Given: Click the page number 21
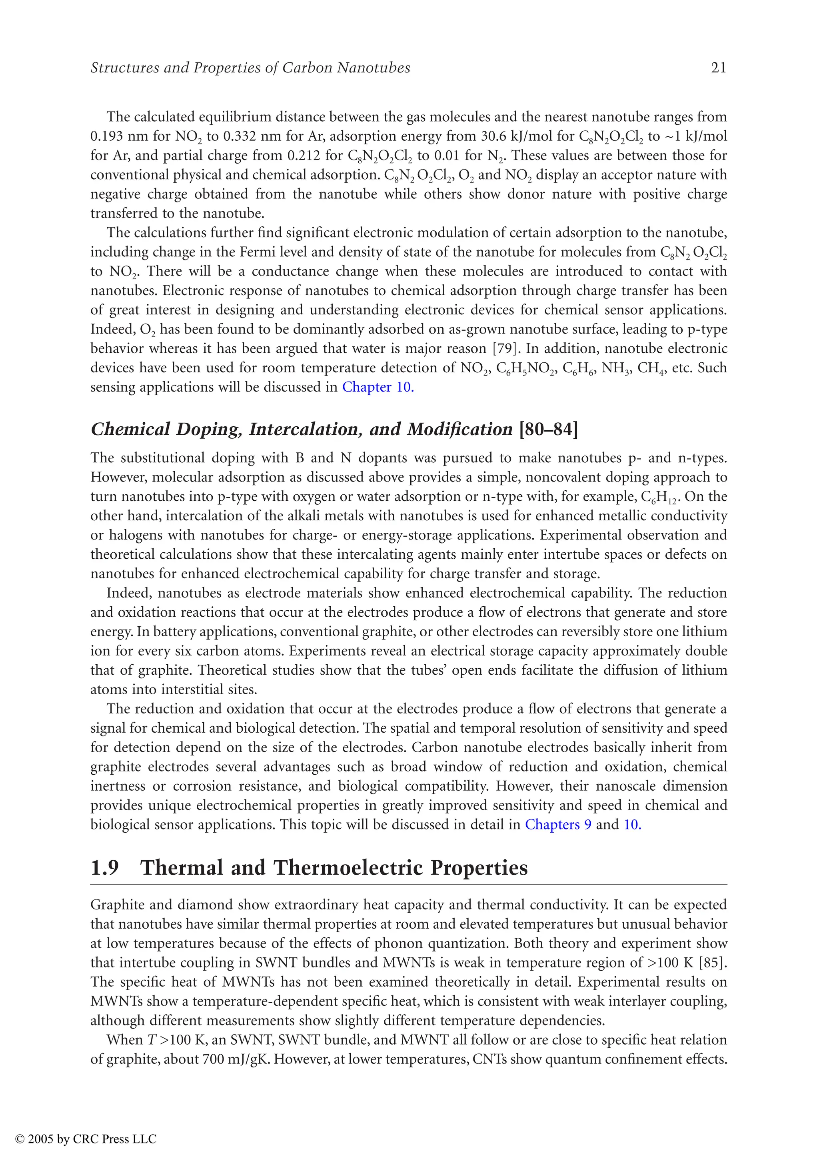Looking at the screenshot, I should coord(719,68).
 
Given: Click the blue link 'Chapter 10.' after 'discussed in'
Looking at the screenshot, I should coord(378,387).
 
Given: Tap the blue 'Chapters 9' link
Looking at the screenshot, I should coord(558,824).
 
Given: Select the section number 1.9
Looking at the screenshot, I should coord(104,868).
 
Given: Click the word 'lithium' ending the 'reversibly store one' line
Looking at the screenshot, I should coord(704,631).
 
